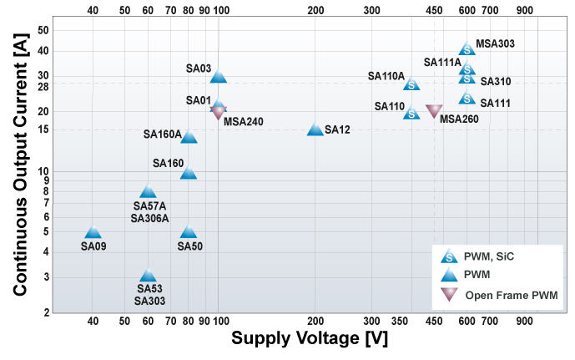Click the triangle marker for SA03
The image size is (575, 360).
[x=218, y=76]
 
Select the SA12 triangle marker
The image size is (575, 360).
[x=315, y=129]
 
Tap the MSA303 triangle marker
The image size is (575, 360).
[x=467, y=49]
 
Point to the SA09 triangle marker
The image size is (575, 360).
[x=93, y=232]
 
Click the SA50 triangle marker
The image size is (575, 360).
[x=189, y=232]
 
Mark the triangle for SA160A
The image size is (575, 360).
[x=189, y=137]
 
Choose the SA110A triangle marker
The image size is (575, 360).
[x=411, y=84]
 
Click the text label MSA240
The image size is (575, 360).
[x=243, y=122]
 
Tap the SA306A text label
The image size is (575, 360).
[x=150, y=219]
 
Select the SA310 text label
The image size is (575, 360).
[x=496, y=82]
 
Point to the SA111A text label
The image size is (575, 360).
[x=442, y=62]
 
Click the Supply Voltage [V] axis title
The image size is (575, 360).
[x=310, y=340]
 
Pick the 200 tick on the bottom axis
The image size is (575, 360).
[x=315, y=321]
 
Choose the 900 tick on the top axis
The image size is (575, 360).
[x=525, y=10]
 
